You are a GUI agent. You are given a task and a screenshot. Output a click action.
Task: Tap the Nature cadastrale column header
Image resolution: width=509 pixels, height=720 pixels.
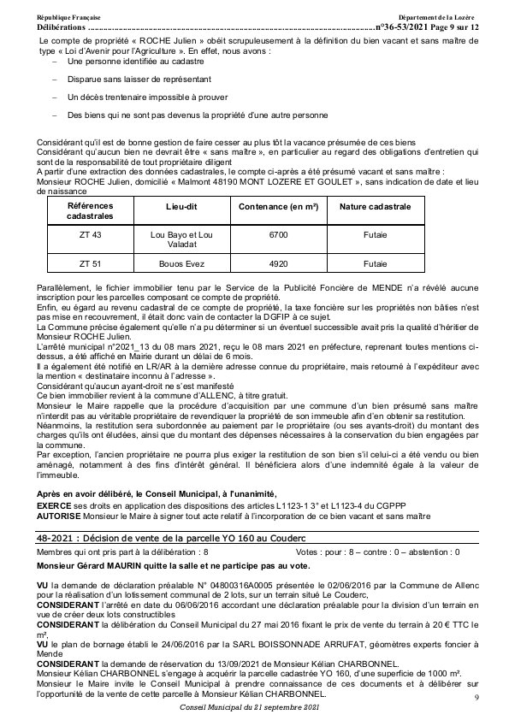[375, 208]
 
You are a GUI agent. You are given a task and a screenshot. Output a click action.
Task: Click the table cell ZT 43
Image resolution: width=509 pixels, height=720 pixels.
[89, 234]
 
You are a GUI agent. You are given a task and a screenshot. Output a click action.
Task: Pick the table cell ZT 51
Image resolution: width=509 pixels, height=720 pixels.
[89, 265]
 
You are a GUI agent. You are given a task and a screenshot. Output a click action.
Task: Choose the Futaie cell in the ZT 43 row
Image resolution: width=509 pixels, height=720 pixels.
[375, 234]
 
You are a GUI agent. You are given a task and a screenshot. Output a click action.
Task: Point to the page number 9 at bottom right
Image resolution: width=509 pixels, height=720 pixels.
[476, 699]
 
